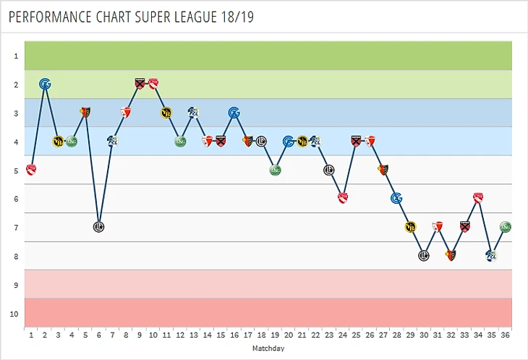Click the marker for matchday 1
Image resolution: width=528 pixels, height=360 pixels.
[x=31, y=170]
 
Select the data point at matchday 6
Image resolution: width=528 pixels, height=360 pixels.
[x=99, y=226]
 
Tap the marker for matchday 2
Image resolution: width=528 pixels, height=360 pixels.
[x=45, y=84]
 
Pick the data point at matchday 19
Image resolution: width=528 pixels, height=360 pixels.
[x=275, y=170]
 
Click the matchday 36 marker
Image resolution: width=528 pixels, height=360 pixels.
[x=506, y=226]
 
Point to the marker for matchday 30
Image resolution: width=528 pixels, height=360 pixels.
[x=424, y=255]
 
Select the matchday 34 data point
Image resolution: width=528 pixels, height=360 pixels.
[x=478, y=198]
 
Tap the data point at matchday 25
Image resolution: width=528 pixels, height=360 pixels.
[x=343, y=198]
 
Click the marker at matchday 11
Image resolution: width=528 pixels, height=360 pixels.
[x=166, y=112]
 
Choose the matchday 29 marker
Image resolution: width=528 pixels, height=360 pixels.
[x=410, y=227]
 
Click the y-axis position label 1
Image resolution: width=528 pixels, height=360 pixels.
[x=15, y=56]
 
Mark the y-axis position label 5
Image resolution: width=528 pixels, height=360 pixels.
[x=15, y=171]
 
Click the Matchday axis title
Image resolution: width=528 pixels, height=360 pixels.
[x=268, y=348]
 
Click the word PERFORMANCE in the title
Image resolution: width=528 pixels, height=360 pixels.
[x=51, y=16]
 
